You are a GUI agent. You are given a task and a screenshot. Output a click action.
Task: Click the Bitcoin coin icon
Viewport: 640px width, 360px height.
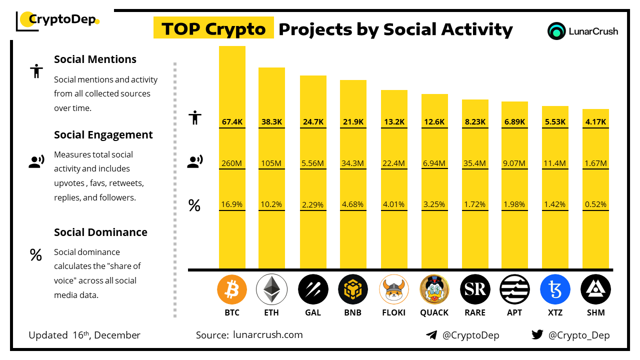point(232,289)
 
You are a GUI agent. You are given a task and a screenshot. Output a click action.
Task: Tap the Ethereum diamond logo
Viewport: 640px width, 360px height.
point(271,289)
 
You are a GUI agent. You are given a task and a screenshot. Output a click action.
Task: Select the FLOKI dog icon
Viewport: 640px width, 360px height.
point(394,289)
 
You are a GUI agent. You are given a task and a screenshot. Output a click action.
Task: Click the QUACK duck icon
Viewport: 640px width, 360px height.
point(434,289)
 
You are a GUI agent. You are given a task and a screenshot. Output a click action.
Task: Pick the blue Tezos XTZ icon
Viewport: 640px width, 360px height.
point(555,289)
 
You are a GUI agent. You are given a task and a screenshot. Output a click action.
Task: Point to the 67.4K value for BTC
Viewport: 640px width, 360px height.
point(232,121)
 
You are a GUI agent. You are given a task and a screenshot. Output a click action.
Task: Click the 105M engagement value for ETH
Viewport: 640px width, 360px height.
point(271,163)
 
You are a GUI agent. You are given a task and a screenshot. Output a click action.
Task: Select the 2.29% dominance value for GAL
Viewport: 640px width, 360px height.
point(313,204)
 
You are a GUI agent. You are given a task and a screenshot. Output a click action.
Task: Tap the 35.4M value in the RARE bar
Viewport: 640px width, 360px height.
point(475,163)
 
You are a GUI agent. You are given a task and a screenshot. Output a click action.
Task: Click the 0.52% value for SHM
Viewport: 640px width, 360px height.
point(595,204)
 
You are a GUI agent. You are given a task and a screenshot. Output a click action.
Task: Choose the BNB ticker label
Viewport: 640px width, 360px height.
point(352,312)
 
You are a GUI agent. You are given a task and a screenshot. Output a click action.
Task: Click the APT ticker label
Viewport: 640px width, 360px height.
point(514,312)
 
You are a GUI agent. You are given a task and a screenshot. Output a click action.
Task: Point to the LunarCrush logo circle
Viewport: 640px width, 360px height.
point(556,31)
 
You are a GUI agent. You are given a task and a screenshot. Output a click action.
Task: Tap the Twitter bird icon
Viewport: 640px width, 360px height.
point(537,335)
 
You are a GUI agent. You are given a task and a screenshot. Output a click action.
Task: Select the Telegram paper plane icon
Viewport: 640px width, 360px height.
point(431,335)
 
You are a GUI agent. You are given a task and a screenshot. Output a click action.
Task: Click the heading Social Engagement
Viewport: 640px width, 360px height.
point(103,134)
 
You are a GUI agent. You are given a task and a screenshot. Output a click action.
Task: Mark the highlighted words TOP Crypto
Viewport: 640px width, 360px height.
point(213,29)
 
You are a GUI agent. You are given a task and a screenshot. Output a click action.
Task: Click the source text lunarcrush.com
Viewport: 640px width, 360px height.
point(268,334)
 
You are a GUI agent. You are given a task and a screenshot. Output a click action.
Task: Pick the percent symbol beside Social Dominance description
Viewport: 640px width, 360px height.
point(35,255)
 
